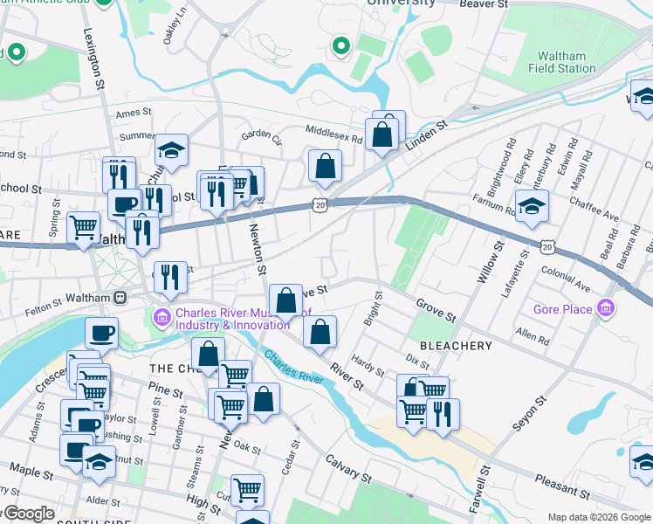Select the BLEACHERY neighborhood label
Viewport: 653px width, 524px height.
coord(456,346)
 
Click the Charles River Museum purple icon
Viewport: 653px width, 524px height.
coord(162,315)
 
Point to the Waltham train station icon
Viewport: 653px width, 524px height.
coord(120,298)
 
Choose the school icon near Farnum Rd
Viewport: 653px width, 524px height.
coord(531,208)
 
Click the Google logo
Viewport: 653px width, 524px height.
coord(28,514)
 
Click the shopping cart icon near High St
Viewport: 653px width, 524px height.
coord(248,490)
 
